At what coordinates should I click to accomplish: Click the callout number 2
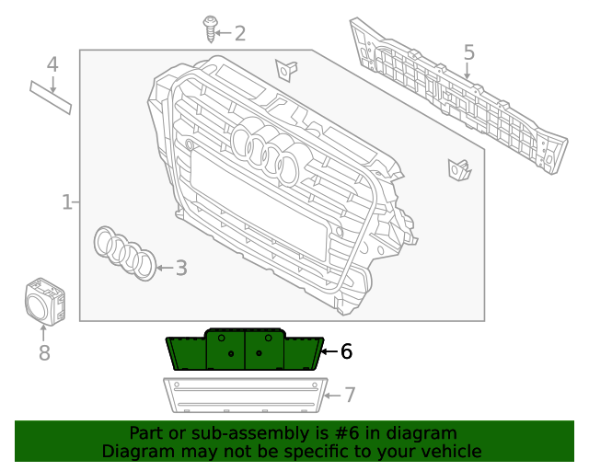tap(239, 34)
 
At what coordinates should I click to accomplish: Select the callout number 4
tap(52, 64)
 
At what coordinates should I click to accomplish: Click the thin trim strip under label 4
tap(51, 97)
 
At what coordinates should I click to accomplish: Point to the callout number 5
tap(468, 52)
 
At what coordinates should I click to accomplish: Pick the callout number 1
tap(66, 201)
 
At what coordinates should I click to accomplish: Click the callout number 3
tap(181, 268)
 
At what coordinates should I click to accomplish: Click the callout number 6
tap(346, 350)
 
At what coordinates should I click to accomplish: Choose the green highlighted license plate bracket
tap(244, 351)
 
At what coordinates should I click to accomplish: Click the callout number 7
tap(349, 395)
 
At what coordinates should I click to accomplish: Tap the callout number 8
tap(44, 352)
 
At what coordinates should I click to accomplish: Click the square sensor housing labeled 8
tap(43, 301)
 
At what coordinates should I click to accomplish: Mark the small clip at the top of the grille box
tap(286, 69)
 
